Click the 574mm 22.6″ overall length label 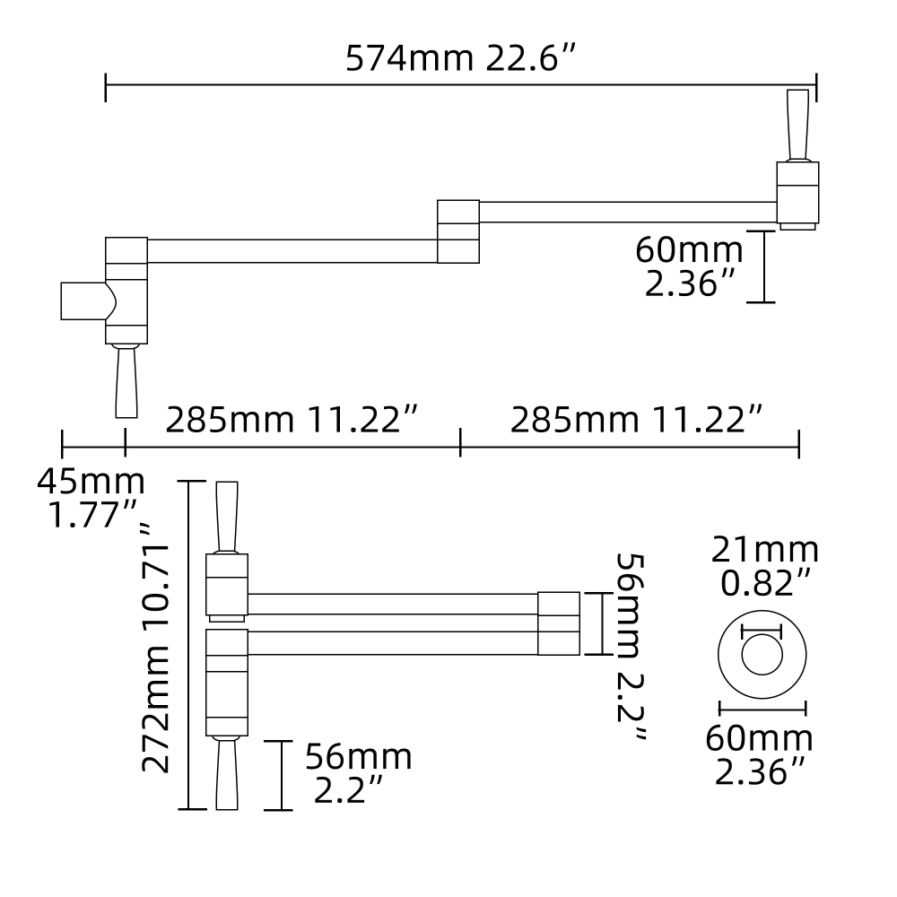[459, 59]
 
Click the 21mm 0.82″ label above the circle [765, 565]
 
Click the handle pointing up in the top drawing [797, 125]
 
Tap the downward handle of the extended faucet [126, 381]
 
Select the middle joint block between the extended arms [457, 231]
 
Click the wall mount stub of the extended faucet [83, 300]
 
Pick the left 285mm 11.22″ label [292, 419]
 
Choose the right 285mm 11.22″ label [637, 419]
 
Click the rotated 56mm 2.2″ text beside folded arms [631, 647]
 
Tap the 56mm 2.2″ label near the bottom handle [356, 773]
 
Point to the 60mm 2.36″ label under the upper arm [689, 266]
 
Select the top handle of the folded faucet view [227, 516]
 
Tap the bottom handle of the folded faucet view [226, 773]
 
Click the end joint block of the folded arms [558, 623]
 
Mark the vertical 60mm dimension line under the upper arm [762, 266]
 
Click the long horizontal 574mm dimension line [459, 85]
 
